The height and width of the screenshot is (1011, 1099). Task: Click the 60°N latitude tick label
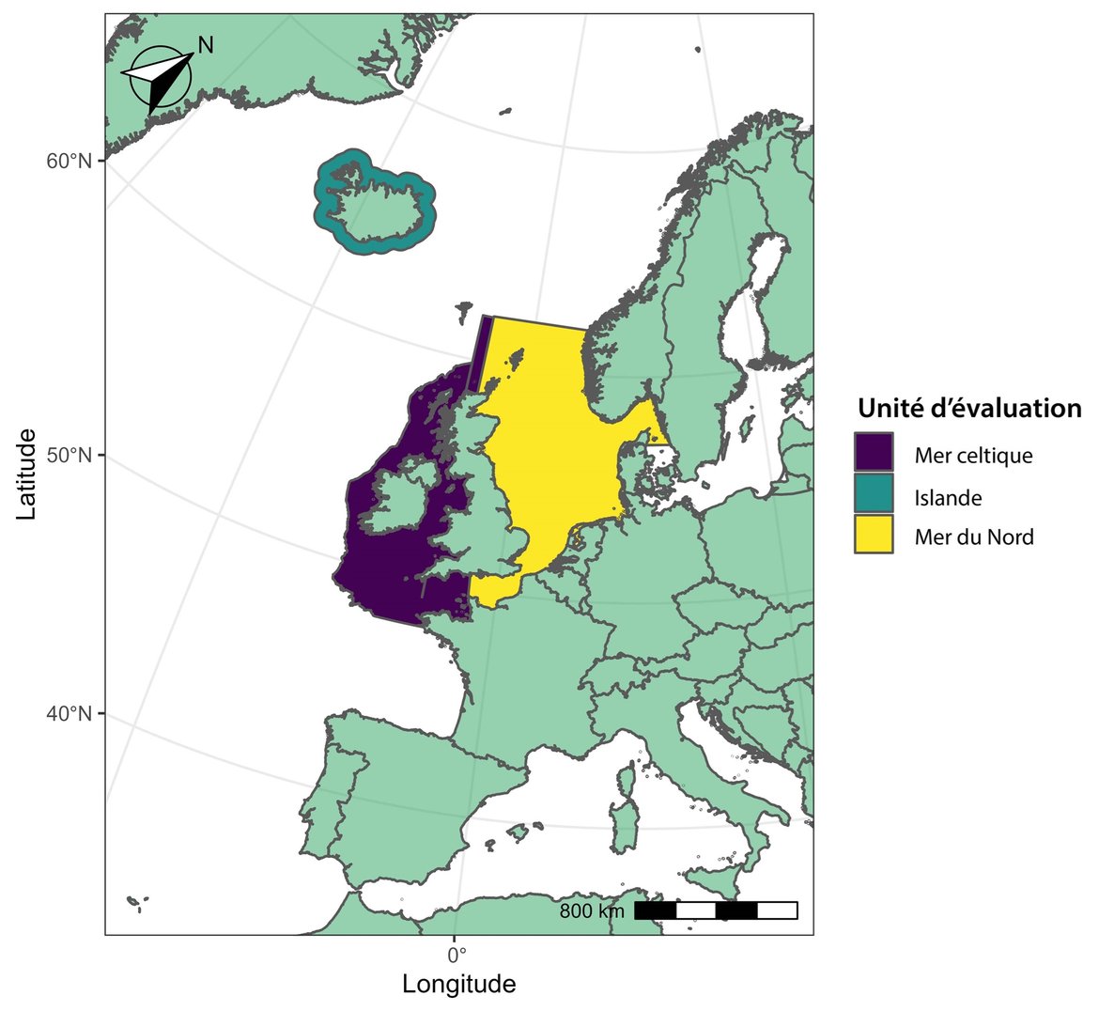click(70, 161)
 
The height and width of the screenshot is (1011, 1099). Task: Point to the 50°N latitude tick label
click(70, 456)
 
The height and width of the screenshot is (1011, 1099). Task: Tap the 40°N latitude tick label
click(70, 714)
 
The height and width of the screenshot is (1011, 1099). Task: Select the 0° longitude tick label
click(456, 957)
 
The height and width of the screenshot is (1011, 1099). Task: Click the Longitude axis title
click(458, 985)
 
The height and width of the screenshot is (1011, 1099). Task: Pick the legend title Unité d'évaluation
click(968, 409)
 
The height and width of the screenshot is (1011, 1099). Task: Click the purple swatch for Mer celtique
click(874, 455)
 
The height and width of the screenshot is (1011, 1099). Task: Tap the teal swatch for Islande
click(874, 496)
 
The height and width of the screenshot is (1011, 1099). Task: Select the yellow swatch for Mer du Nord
click(874, 537)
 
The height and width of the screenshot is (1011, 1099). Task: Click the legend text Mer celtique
click(973, 456)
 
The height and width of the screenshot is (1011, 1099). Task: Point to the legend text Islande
click(948, 497)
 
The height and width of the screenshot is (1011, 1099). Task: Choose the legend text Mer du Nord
click(974, 537)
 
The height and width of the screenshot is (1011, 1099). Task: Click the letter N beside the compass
click(206, 44)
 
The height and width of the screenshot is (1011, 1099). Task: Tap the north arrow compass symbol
click(160, 78)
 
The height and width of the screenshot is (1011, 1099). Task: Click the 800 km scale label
click(591, 910)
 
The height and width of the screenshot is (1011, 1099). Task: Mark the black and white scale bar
click(716, 910)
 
